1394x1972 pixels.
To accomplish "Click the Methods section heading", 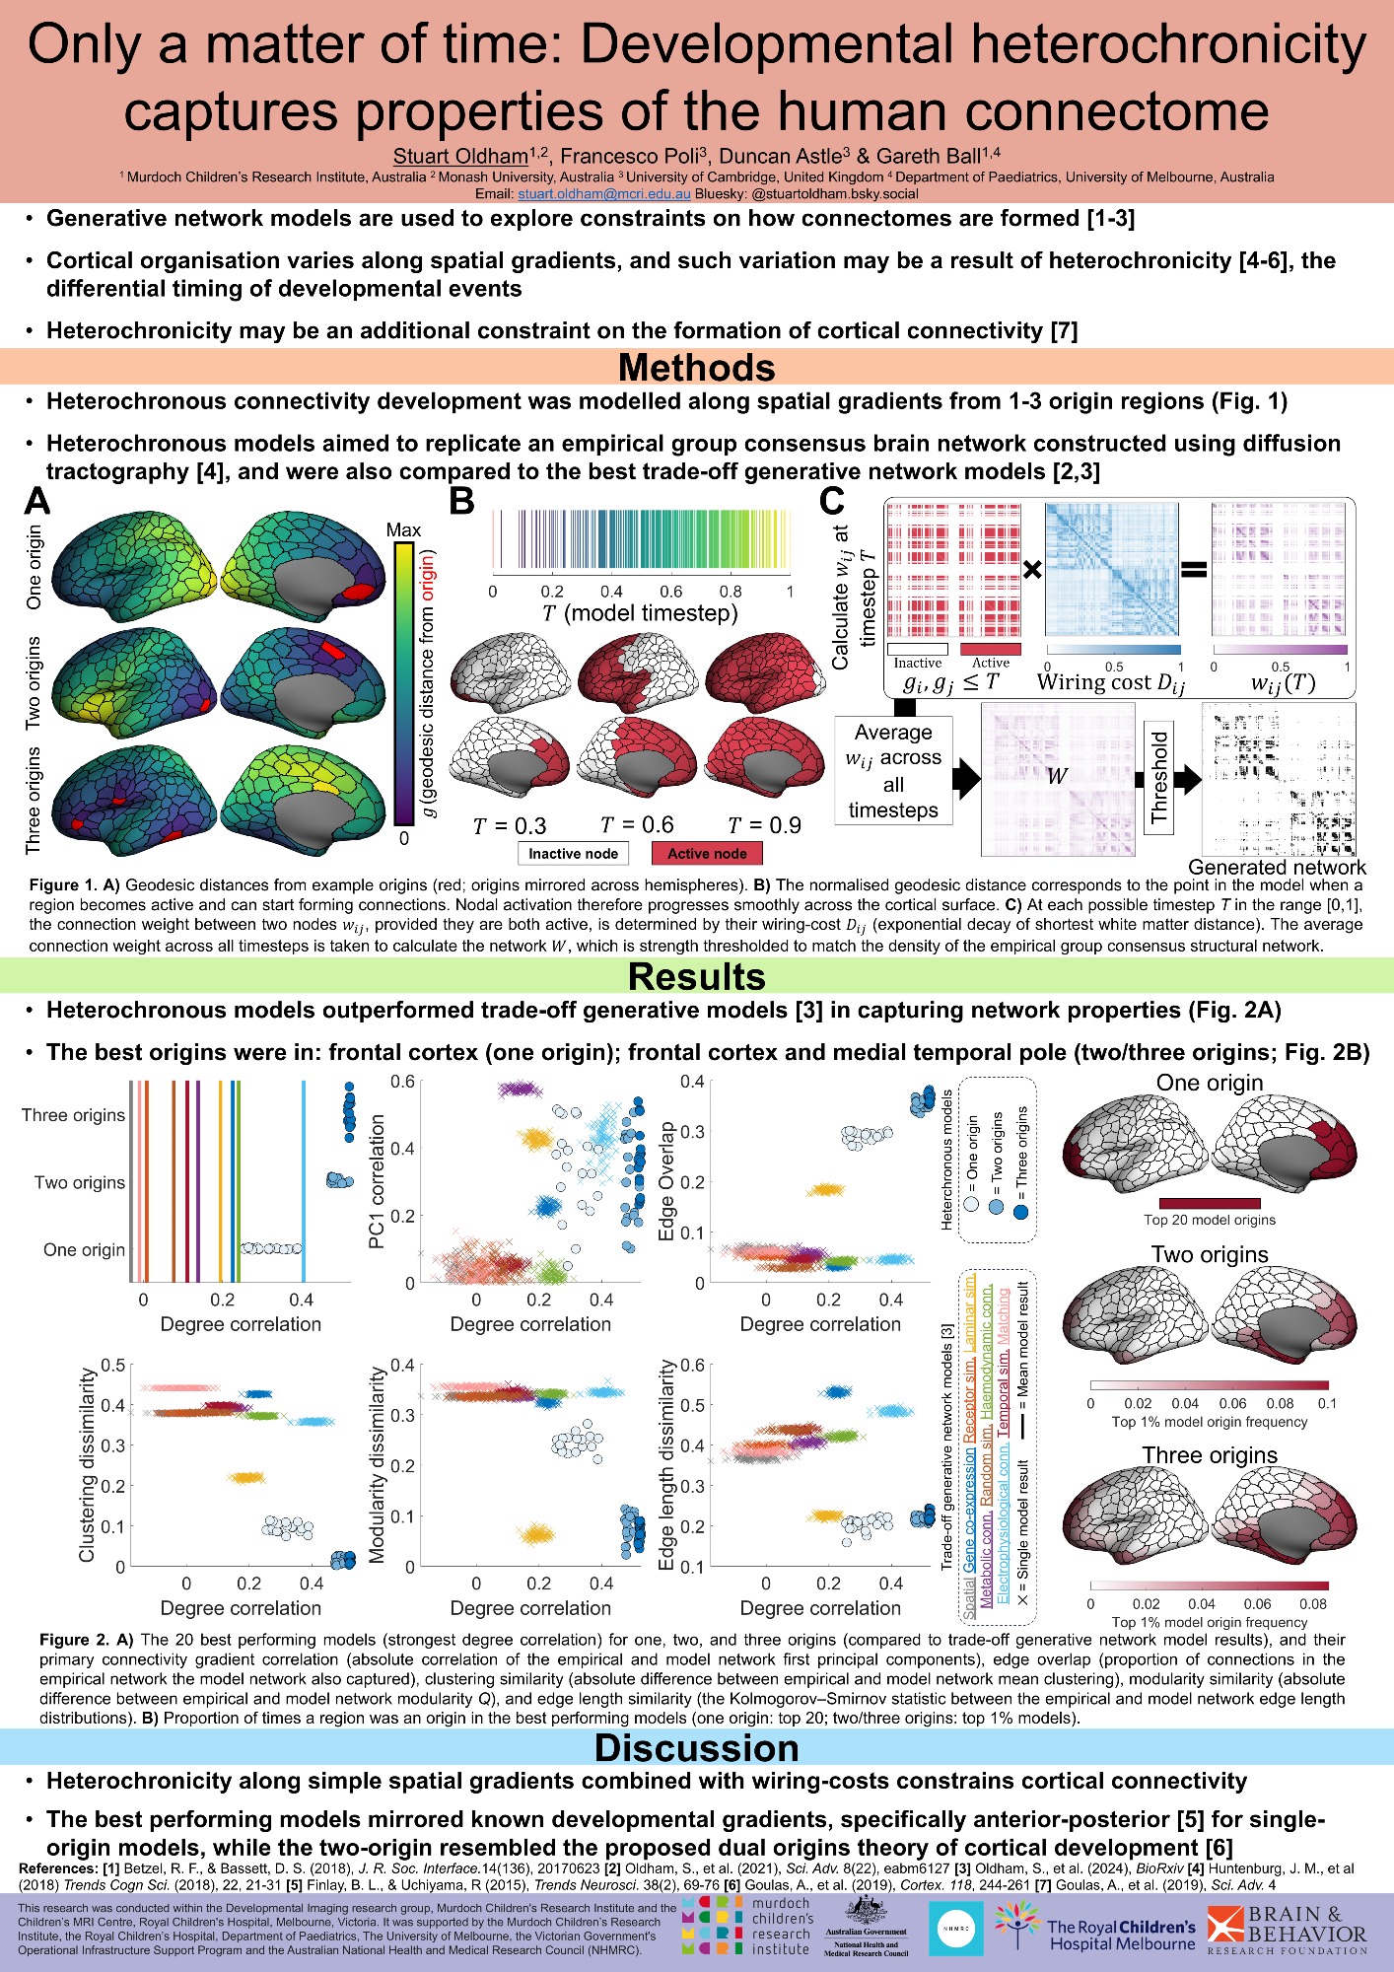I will [x=696, y=368].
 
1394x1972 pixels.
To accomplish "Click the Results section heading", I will [x=696, y=976].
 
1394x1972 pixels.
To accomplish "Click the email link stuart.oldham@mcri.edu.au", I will [x=604, y=194].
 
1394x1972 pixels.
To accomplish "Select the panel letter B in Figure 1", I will [x=461, y=501].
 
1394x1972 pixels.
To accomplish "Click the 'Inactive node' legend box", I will [x=573, y=854].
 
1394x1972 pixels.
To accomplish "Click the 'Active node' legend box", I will [x=707, y=854].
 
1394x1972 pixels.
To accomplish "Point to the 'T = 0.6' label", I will [x=637, y=825].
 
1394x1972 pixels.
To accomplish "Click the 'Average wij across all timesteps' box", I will [x=893, y=771].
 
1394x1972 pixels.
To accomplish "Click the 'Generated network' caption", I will [x=1277, y=868].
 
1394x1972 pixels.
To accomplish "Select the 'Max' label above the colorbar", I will [x=403, y=530].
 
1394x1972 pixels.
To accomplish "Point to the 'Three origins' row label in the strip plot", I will [x=74, y=1115].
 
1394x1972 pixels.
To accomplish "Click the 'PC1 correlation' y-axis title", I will [x=376, y=1181].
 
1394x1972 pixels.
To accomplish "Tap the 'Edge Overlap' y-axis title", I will [x=666, y=1181].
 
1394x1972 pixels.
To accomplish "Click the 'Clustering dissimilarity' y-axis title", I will [x=87, y=1464].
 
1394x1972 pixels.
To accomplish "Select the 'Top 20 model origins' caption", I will [x=1210, y=1221].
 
